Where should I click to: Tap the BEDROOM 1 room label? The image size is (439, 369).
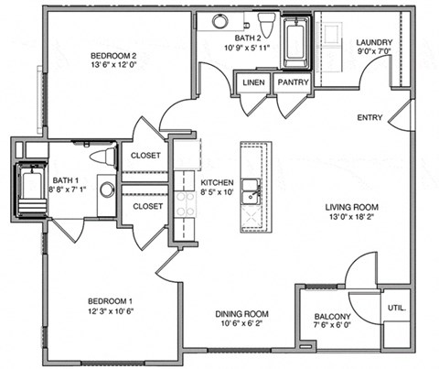[111, 301]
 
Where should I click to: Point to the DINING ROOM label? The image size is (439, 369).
[225, 311]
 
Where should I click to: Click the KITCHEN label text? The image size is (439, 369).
[217, 181]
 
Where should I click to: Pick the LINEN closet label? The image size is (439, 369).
[253, 82]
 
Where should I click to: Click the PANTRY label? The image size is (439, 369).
[293, 82]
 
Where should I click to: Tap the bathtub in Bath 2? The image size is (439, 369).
[296, 43]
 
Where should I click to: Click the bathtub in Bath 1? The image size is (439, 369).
[30, 190]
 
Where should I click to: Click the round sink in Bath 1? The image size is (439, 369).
[107, 190]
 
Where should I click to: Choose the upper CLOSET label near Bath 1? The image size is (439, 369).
[146, 156]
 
